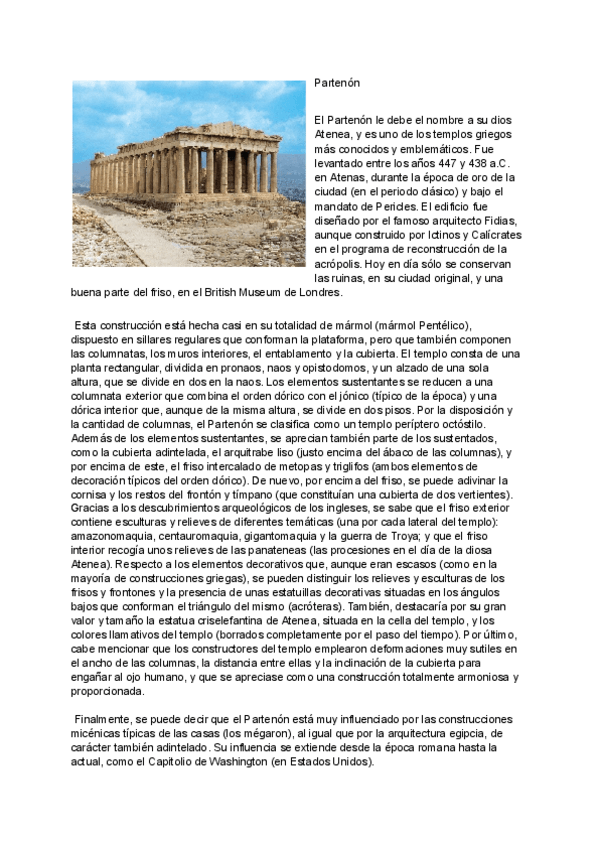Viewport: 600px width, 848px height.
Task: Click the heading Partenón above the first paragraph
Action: coord(336,83)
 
